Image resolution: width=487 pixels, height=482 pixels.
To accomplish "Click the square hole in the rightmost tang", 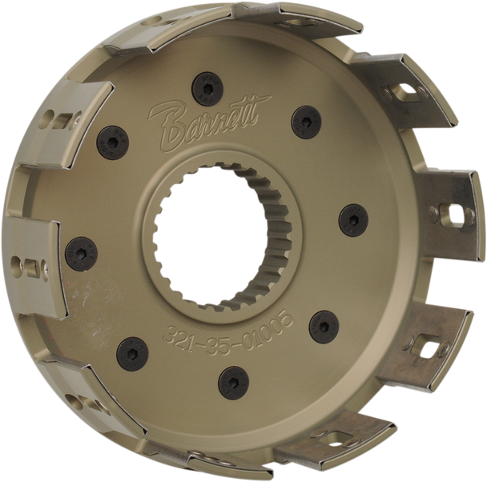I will (x=453, y=213).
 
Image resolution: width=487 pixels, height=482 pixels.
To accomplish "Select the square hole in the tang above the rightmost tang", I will (x=419, y=95).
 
